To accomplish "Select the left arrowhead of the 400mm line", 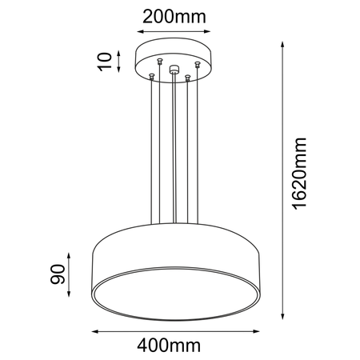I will pyautogui.click(x=93, y=330).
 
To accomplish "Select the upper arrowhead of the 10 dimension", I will pyautogui.click(x=121, y=52).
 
